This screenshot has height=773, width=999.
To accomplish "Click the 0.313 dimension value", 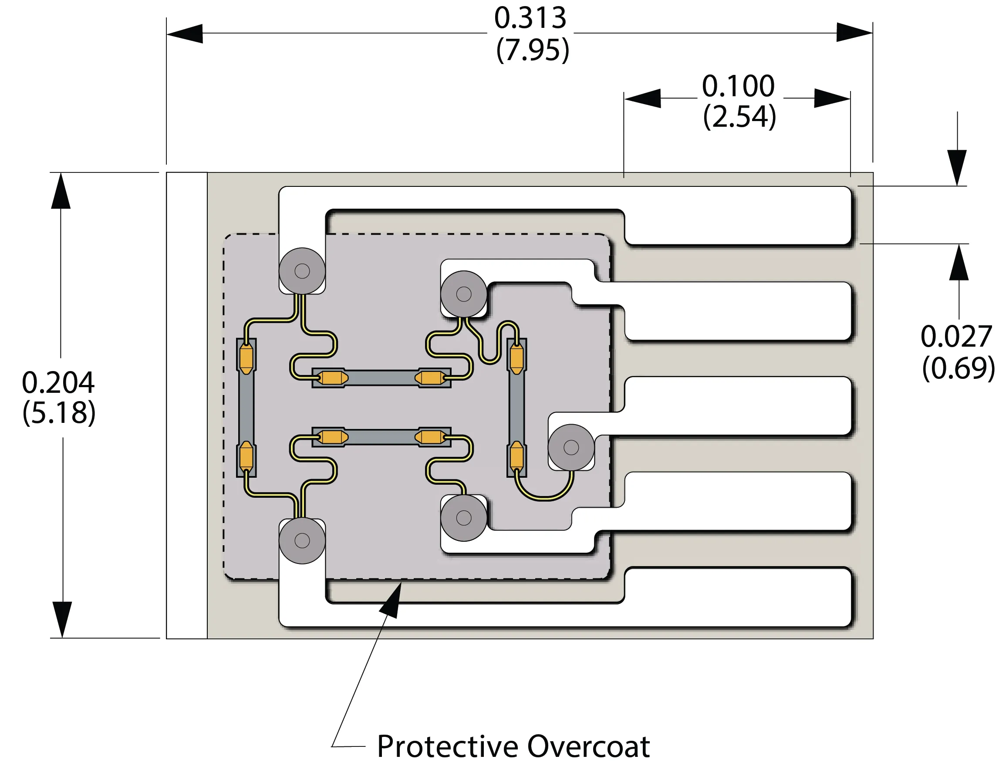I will [530, 18].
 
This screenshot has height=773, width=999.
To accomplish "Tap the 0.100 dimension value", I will [738, 86].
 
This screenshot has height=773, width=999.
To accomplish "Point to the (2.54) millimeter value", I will [739, 117].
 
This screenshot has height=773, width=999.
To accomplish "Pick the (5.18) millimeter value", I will [59, 413].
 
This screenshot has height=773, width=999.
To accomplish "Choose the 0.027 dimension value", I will [956, 337].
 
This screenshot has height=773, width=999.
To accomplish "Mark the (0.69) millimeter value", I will [958, 368].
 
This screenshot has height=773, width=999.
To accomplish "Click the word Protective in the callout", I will [447, 747].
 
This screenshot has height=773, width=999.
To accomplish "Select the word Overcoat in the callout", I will [588, 747].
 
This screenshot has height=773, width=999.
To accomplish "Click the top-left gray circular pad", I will [302, 271].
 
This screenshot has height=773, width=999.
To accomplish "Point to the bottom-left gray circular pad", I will [302, 540].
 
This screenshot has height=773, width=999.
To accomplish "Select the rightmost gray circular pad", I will [571, 447].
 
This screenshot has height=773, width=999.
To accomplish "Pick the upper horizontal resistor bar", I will [381, 378].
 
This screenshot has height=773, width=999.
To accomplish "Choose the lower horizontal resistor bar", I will [381, 437].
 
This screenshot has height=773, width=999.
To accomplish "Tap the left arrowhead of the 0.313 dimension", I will [184, 34].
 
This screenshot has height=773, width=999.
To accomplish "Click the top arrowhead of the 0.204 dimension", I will [61, 191].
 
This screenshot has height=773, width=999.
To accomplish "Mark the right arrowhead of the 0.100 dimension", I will [833, 98].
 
